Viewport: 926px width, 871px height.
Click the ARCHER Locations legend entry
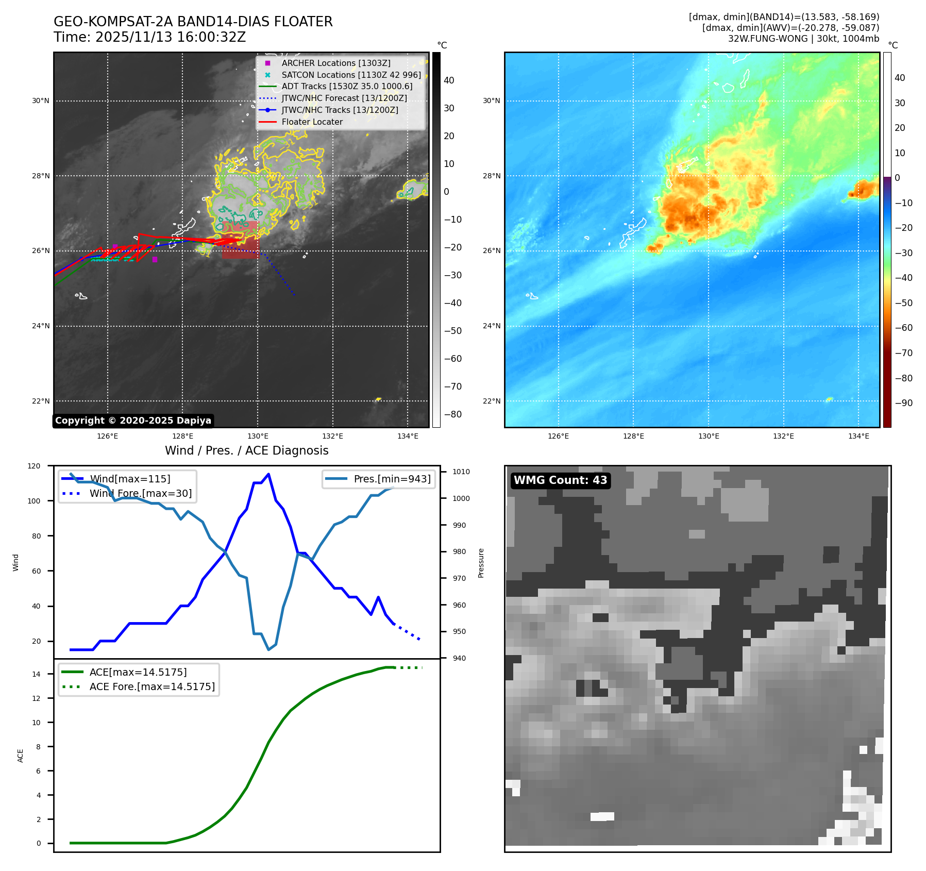point(335,63)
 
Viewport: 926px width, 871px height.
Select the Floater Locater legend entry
point(312,122)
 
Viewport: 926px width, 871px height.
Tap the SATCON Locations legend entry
point(350,75)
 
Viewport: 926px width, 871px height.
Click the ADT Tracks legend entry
point(346,86)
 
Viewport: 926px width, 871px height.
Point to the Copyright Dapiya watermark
point(133,421)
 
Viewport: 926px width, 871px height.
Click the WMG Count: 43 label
point(560,480)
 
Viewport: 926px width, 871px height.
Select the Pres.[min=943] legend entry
point(392,479)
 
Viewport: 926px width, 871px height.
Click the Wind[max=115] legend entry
point(130,479)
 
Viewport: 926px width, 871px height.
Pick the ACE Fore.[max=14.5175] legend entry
point(152,686)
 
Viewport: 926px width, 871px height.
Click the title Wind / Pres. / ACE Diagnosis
point(246,450)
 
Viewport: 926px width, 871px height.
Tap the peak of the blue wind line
point(268,474)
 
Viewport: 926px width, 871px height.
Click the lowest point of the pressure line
point(268,649)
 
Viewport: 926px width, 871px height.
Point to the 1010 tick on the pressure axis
point(461,472)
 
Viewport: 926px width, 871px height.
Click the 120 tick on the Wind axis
point(34,466)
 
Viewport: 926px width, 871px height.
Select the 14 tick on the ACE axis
point(36,674)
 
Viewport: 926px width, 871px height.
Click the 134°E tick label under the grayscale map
point(408,436)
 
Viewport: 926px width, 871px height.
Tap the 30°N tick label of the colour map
point(491,101)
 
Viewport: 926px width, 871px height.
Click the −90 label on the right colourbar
point(903,403)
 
